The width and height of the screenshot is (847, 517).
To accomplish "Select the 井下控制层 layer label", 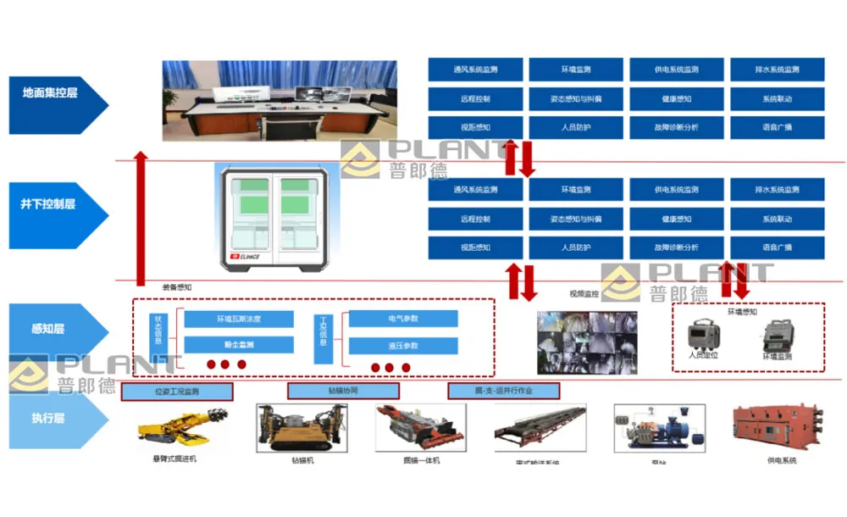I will click(53, 204).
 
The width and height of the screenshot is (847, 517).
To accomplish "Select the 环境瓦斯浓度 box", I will click(239, 320).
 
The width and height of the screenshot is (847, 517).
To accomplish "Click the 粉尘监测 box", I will click(239, 345).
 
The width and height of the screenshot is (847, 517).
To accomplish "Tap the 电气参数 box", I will click(403, 319).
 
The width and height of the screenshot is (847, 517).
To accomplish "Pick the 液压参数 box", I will click(403, 346).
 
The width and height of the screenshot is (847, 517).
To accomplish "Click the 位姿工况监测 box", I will click(177, 392).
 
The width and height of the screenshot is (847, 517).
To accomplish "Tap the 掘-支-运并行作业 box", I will click(503, 392).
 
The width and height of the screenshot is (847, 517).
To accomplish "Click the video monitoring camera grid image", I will click(588, 341).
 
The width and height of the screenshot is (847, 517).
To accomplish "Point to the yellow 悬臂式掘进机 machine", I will click(180, 425).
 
